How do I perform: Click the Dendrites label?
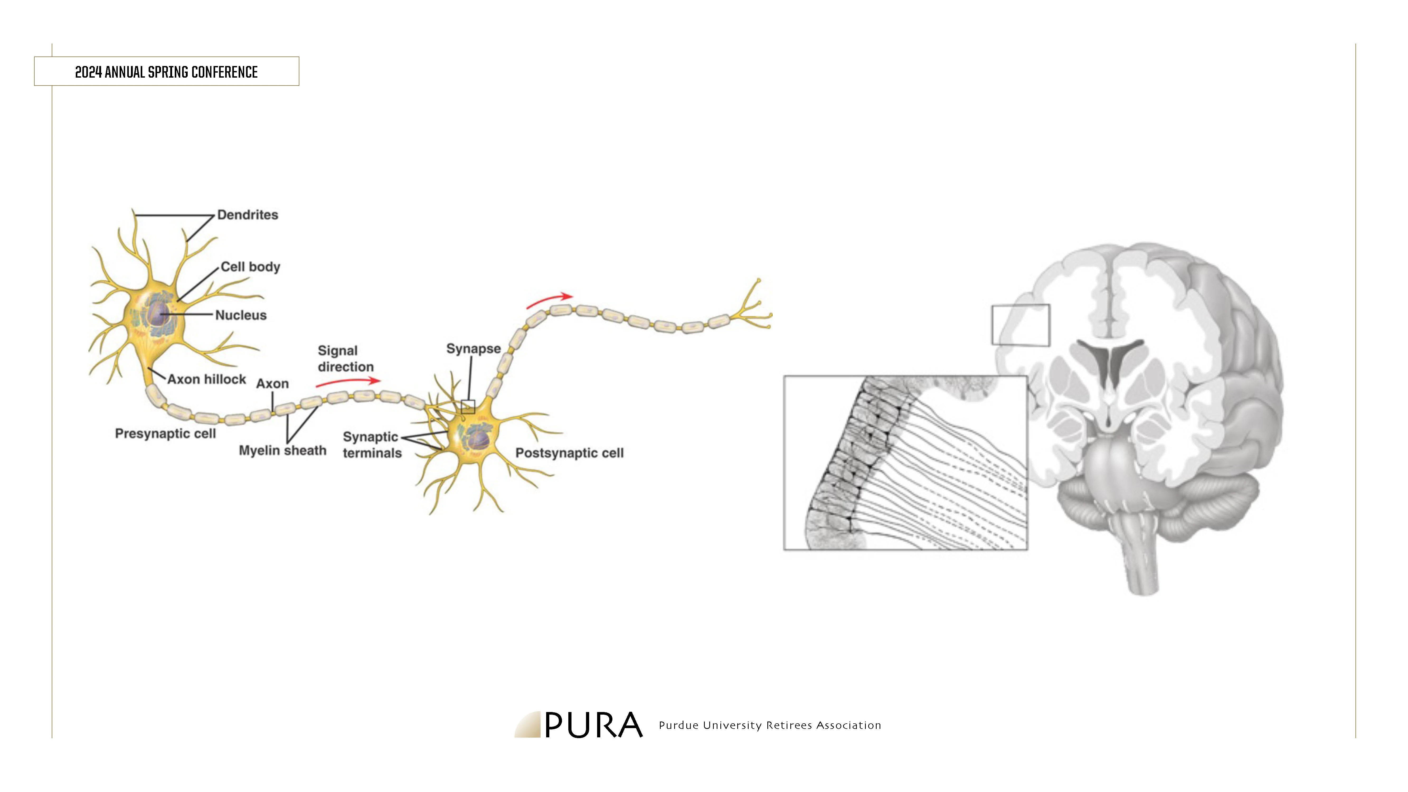(x=248, y=215)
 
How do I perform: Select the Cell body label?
(x=250, y=267)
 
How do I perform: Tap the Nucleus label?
(x=241, y=315)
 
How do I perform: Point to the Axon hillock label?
(x=207, y=379)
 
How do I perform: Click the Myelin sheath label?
(x=283, y=450)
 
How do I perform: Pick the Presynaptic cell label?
(x=166, y=433)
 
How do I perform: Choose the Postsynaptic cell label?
(x=570, y=453)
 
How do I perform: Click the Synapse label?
(x=473, y=349)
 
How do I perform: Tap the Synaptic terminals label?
(x=372, y=445)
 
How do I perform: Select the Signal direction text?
(x=346, y=359)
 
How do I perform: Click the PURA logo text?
(x=594, y=725)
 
